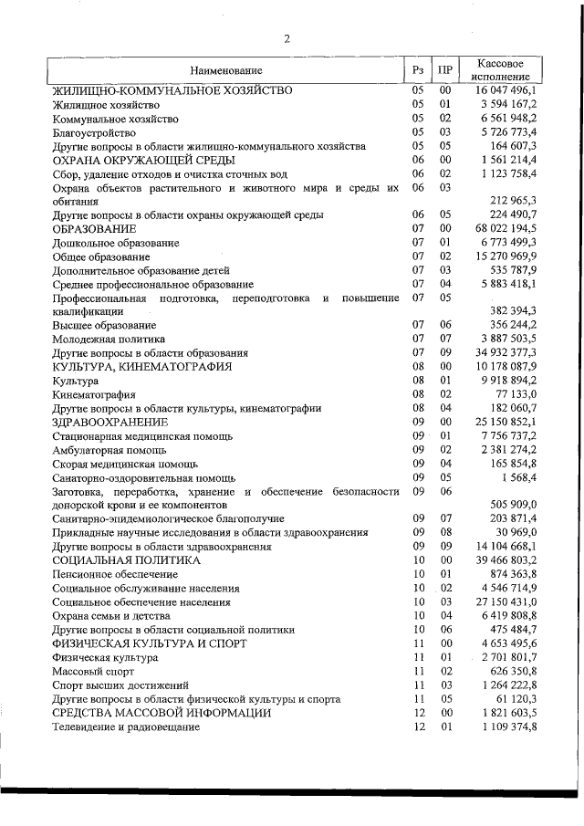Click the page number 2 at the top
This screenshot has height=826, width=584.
pyautogui.click(x=287, y=37)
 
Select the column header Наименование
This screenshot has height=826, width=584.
pyautogui.click(x=226, y=70)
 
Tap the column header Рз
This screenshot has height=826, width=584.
pyautogui.click(x=418, y=70)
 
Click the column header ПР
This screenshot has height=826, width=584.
pyautogui.click(x=445, y=70)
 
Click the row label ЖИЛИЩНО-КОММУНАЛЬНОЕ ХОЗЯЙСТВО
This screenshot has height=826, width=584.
pyautogui.click(x=172, y=91)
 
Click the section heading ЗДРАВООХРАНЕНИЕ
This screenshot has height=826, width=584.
pyautogui.click(x=109, y=422)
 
